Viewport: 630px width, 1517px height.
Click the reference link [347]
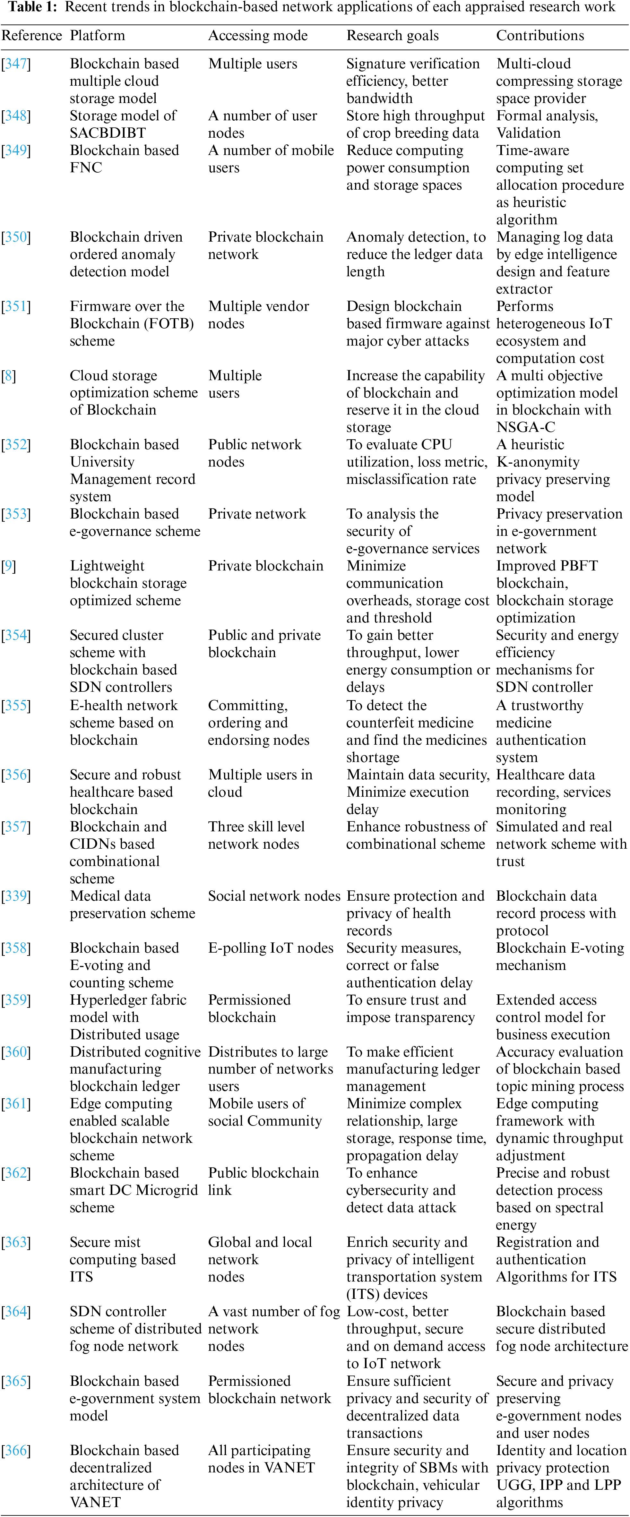[x=16, y=64]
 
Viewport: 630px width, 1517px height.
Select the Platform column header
[x=97, y=35]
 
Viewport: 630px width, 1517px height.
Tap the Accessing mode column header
[x=257, y=35]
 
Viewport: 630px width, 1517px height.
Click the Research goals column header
[x=392, y=35]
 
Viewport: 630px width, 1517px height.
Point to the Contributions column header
[x=540, y=35]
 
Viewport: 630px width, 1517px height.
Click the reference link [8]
[x=9, y=376]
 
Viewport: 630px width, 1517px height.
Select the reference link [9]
[x=9, y=566]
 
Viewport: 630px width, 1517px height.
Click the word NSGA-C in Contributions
[x=525, y=427]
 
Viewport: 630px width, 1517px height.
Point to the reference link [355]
[x=16, y=706]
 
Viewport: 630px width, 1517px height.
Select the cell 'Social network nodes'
[x=274, y=896]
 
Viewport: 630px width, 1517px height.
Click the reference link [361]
[x=16, y=1104]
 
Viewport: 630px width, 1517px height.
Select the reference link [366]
[x=16, y=1451]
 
